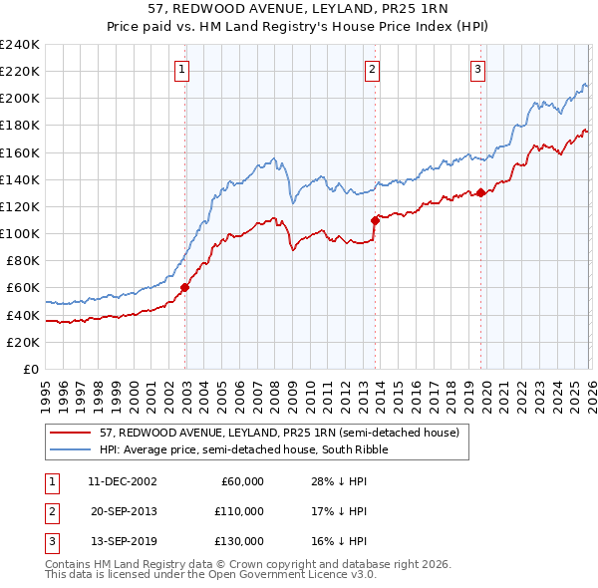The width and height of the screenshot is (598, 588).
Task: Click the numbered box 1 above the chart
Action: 184,69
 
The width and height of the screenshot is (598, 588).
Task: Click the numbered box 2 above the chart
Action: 372,69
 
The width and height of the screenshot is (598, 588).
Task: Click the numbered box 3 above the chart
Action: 478,69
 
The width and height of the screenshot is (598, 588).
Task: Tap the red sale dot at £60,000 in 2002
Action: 184,287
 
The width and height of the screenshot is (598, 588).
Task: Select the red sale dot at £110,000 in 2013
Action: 375,219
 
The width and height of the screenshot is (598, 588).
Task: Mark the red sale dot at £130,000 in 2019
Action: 480,192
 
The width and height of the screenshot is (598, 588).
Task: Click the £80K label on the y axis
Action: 23,260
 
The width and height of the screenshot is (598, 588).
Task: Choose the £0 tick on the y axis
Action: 30,369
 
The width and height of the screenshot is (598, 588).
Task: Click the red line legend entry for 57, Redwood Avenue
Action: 279,434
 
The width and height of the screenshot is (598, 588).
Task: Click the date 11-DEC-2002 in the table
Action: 122,481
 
